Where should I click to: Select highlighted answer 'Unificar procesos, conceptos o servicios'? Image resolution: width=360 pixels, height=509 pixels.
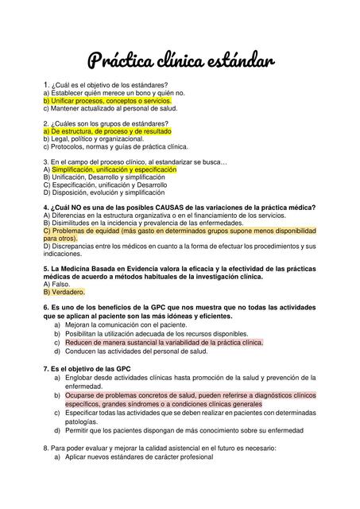[108, 101]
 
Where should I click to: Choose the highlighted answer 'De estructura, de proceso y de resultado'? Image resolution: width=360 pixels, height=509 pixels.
[108, 130]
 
